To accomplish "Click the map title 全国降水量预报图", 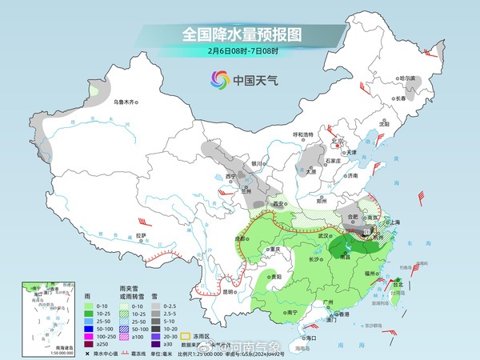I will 240,34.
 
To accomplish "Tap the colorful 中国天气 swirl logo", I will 219,79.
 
